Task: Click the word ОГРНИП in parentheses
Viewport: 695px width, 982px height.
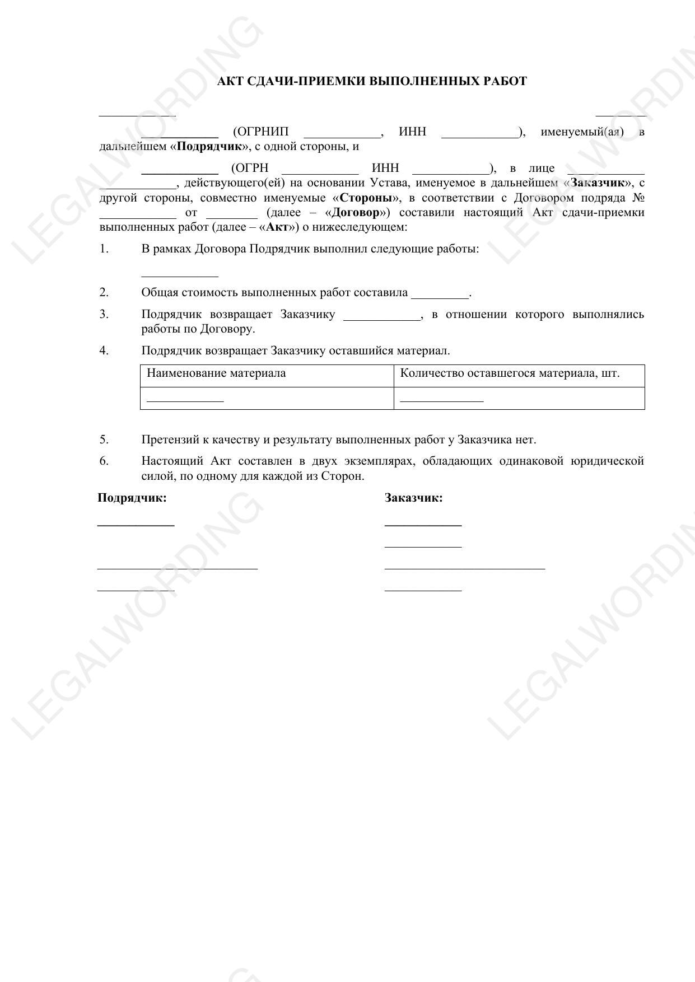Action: (260, 132)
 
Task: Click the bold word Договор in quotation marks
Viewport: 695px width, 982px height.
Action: (356, 212)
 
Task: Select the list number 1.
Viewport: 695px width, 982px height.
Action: (104, 249)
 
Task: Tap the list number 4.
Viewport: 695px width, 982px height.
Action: (104, 350)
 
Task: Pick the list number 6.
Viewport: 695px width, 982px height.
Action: (104, 461)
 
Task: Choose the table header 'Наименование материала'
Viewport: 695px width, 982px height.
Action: (216, 373)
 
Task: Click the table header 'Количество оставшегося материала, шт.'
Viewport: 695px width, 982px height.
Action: (510, 373)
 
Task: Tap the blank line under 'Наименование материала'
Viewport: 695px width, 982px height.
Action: (185, 399)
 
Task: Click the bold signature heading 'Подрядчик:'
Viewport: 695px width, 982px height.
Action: (132, 498)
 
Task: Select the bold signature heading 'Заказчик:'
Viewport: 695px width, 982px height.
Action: (413, 498)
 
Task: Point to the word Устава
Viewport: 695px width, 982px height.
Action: (389, 183)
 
